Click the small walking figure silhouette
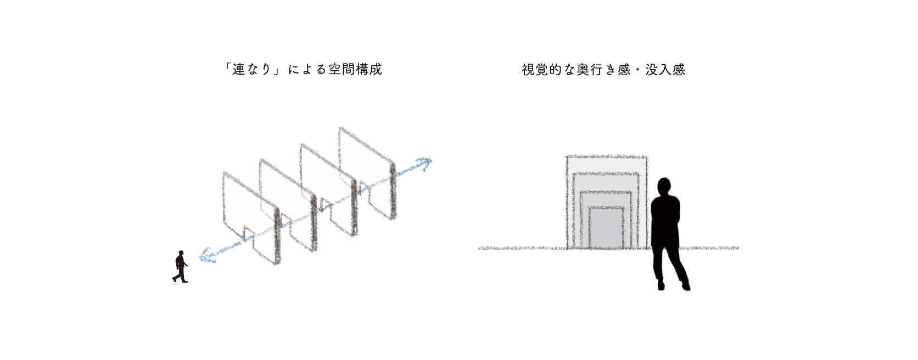(x=180, y=266)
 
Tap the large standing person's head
(x=664, y=187)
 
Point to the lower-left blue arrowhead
(x=206, y=255)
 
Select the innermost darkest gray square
(x=606, y=228)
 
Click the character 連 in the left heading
(x=238, y=69)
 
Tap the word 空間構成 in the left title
(x=355, y=69)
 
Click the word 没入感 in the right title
(x=665, y=70)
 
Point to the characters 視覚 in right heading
(x=535, y=70)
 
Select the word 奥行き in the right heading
(x=596, y=70)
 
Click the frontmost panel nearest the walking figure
(x=251, y=217)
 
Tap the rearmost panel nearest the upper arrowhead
(x=368, y=173)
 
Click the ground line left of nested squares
(x=523, y=248)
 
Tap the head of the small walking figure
(x=181, y=253)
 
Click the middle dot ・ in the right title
(x=637, y=70)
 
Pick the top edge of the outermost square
(x=607, y=156)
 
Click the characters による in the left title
(x=307, y=69)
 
